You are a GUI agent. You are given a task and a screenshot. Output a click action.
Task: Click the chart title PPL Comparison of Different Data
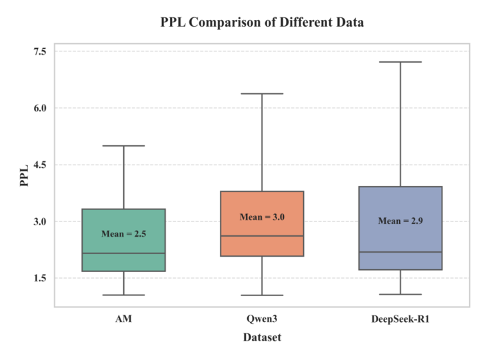click(262, 23)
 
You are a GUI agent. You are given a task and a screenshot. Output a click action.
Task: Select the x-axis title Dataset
click(262, 337)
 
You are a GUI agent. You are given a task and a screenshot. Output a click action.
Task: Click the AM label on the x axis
click(123, 319)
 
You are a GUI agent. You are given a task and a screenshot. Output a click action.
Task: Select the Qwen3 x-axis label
click(262, 319)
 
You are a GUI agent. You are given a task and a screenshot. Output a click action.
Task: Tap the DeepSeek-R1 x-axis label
click(400, 319)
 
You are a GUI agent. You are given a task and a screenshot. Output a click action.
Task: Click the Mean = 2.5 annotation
click(123, 234)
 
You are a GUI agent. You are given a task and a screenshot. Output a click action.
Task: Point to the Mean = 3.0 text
click(262, 217)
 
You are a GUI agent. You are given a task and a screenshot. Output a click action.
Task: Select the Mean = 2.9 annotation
click(400, 221)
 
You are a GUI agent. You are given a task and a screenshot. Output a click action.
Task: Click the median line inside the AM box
click(123, 253)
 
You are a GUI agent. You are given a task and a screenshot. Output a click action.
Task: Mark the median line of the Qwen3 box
click(262, 236)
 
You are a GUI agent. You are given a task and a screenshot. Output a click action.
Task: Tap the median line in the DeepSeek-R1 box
click(400, 252)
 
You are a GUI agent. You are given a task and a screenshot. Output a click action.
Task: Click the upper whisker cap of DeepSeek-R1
click(400, 62)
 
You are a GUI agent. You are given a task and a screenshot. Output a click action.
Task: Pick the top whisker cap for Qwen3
click(262, 93)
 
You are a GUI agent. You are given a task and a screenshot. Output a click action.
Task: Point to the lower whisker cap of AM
click(123, 295)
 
